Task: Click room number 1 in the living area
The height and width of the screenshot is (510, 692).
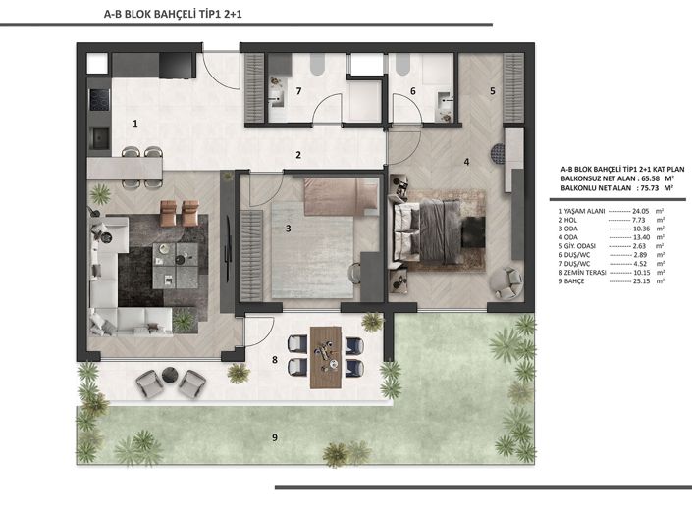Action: coord(135,124)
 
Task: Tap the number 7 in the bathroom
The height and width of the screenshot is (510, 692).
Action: coord(298,91)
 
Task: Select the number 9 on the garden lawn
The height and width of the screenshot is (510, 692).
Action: coord(275,437)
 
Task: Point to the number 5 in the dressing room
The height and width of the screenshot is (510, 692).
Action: coord(493,91)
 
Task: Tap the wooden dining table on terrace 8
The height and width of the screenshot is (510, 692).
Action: coord(326,357)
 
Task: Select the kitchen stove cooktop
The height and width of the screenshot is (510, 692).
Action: coord(100,100)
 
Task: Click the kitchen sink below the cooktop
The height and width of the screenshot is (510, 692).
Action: coord(100,137)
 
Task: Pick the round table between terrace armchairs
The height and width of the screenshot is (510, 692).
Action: coord(170,375)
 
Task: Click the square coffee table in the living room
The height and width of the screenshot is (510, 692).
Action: coord(175,266)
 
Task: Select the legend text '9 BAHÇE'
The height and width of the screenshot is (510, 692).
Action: coord(571,281)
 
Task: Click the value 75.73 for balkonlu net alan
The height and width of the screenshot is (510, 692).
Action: coord(649,187)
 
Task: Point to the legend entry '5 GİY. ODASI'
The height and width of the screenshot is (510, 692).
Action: coord(577,246)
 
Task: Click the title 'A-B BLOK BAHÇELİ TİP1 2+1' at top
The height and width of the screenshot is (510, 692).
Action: coord(173,14)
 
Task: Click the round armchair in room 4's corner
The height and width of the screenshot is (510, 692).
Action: coord(506,282)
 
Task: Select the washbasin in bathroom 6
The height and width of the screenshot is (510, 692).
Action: coord(444,100)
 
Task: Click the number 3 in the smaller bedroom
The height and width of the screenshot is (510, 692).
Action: coord(289,229)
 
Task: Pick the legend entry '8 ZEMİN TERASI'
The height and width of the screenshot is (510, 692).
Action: coord(582,273)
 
